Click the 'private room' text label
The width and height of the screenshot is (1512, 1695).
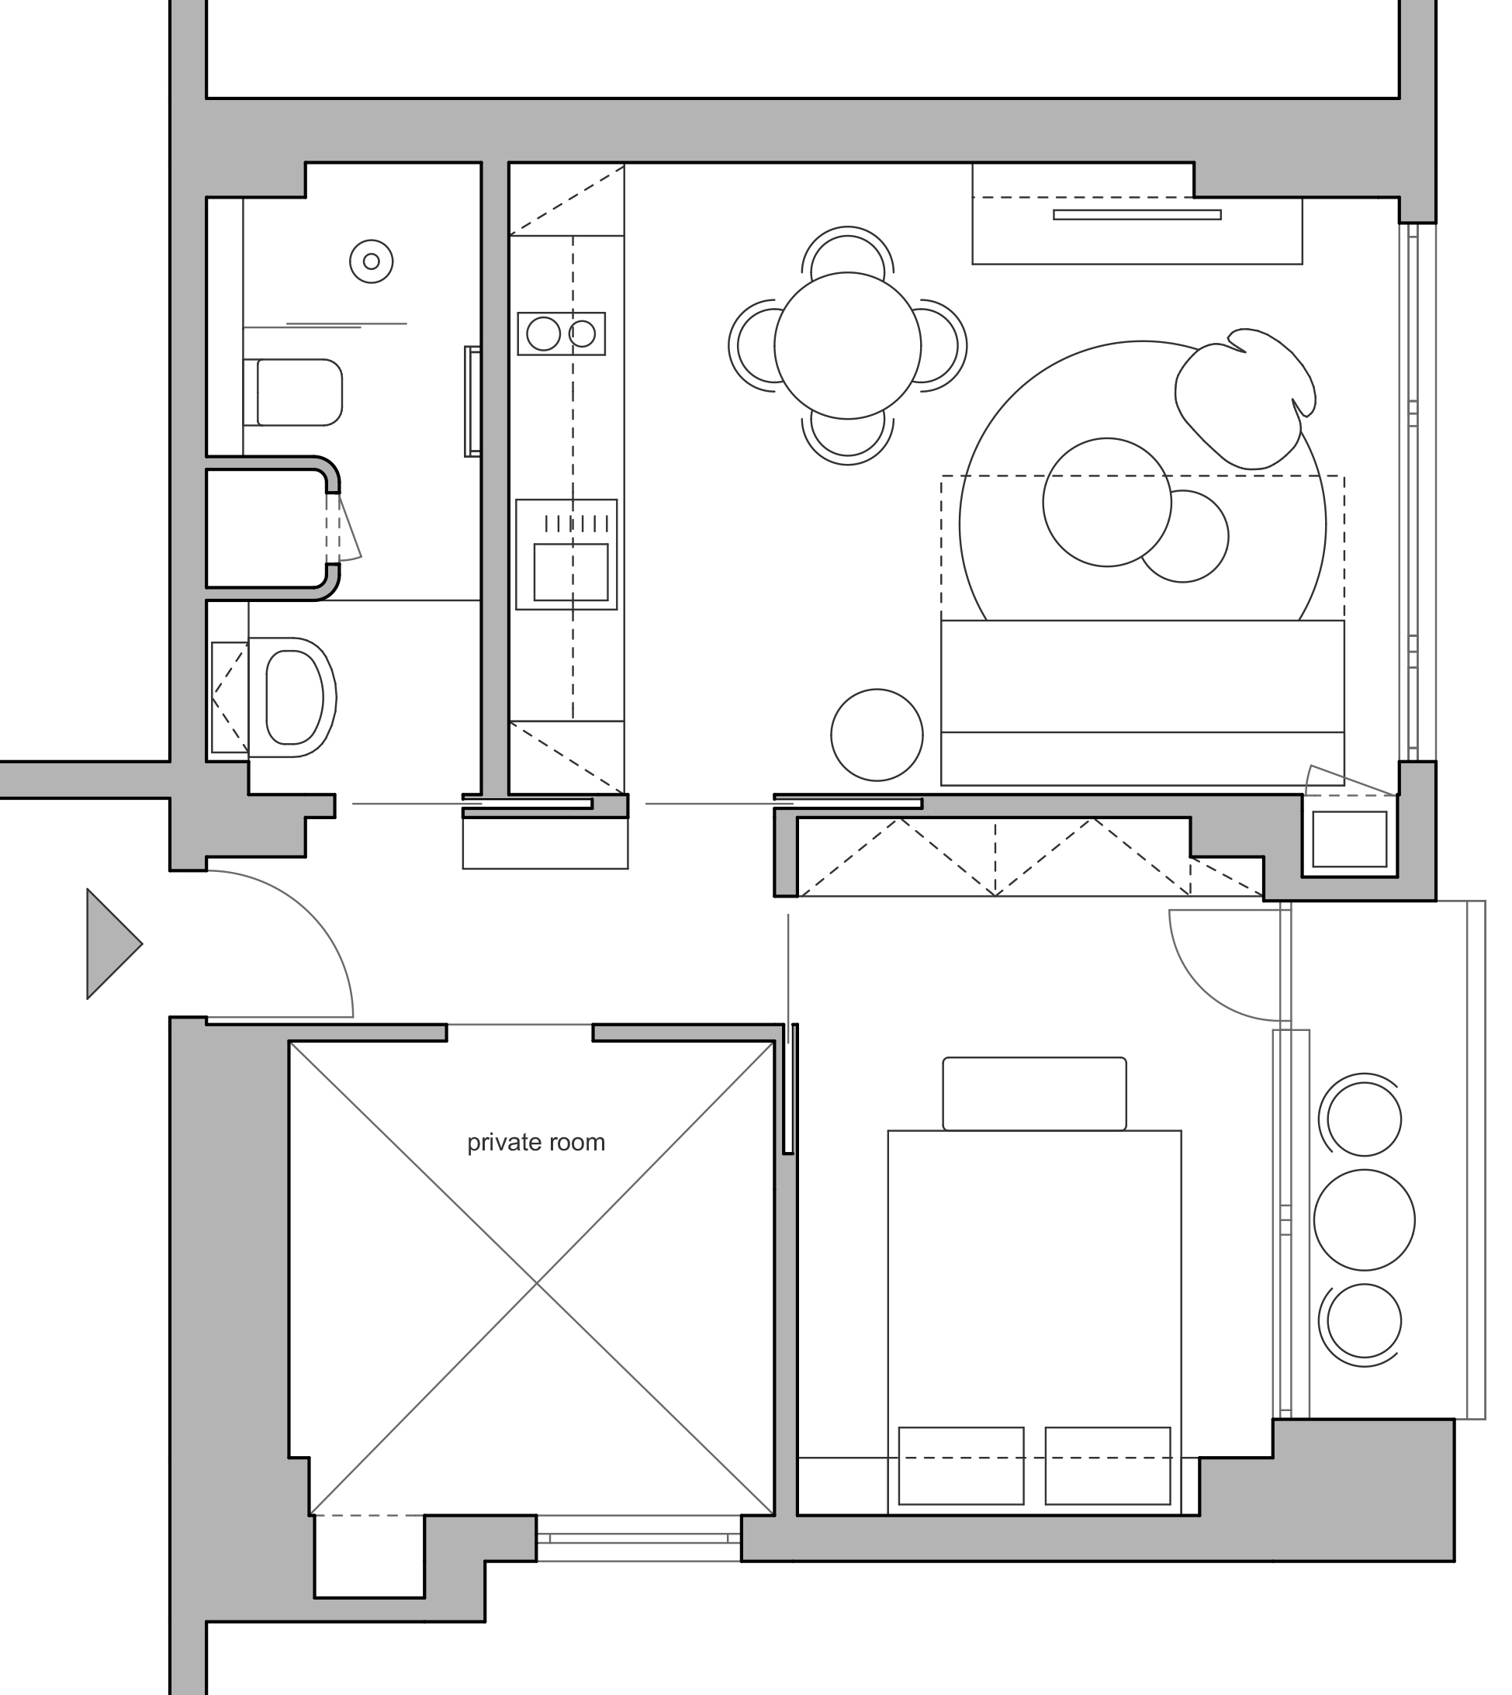click(536, 1143)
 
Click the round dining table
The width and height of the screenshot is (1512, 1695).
click(847, 346)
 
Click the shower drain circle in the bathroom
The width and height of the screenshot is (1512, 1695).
click(372, 261)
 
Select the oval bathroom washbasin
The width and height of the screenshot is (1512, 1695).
click(292, 697)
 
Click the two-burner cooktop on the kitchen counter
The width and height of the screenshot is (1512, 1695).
click(561, 334)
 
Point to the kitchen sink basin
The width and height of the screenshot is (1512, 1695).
click(571, 572)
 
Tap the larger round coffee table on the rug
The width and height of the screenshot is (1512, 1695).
click(1106, 503)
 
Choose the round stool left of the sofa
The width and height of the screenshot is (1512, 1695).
click(877, 735)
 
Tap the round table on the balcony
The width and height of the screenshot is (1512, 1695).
click(1364, 1219)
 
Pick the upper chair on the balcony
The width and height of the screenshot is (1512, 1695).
click(1363, 1119)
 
